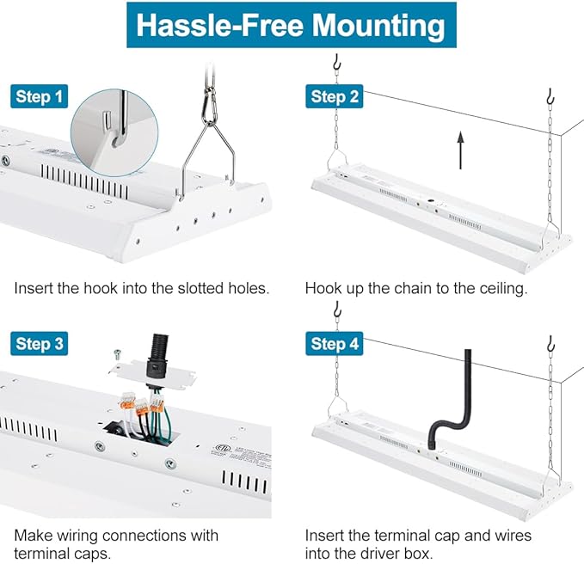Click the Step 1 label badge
pyautogui.click(x=39, y=96)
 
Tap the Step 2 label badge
pyautogui.click(x=334, y=96)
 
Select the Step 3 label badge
pyautogui.click(x=39, y=343)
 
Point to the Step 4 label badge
pyautogui.click(x=334, y=343)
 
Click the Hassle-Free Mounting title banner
pyautogui.click(x=292, y=25)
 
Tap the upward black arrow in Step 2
pyautogui.click(x=461, y=150)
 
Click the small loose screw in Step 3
pyautogui.click(x=118, y=353)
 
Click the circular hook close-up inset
pyautogui.click(x=114, y=132)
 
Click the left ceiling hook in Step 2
pyautogui.click(x=337, y=62)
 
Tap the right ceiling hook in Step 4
pyautogui.click(x=550, y=344)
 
